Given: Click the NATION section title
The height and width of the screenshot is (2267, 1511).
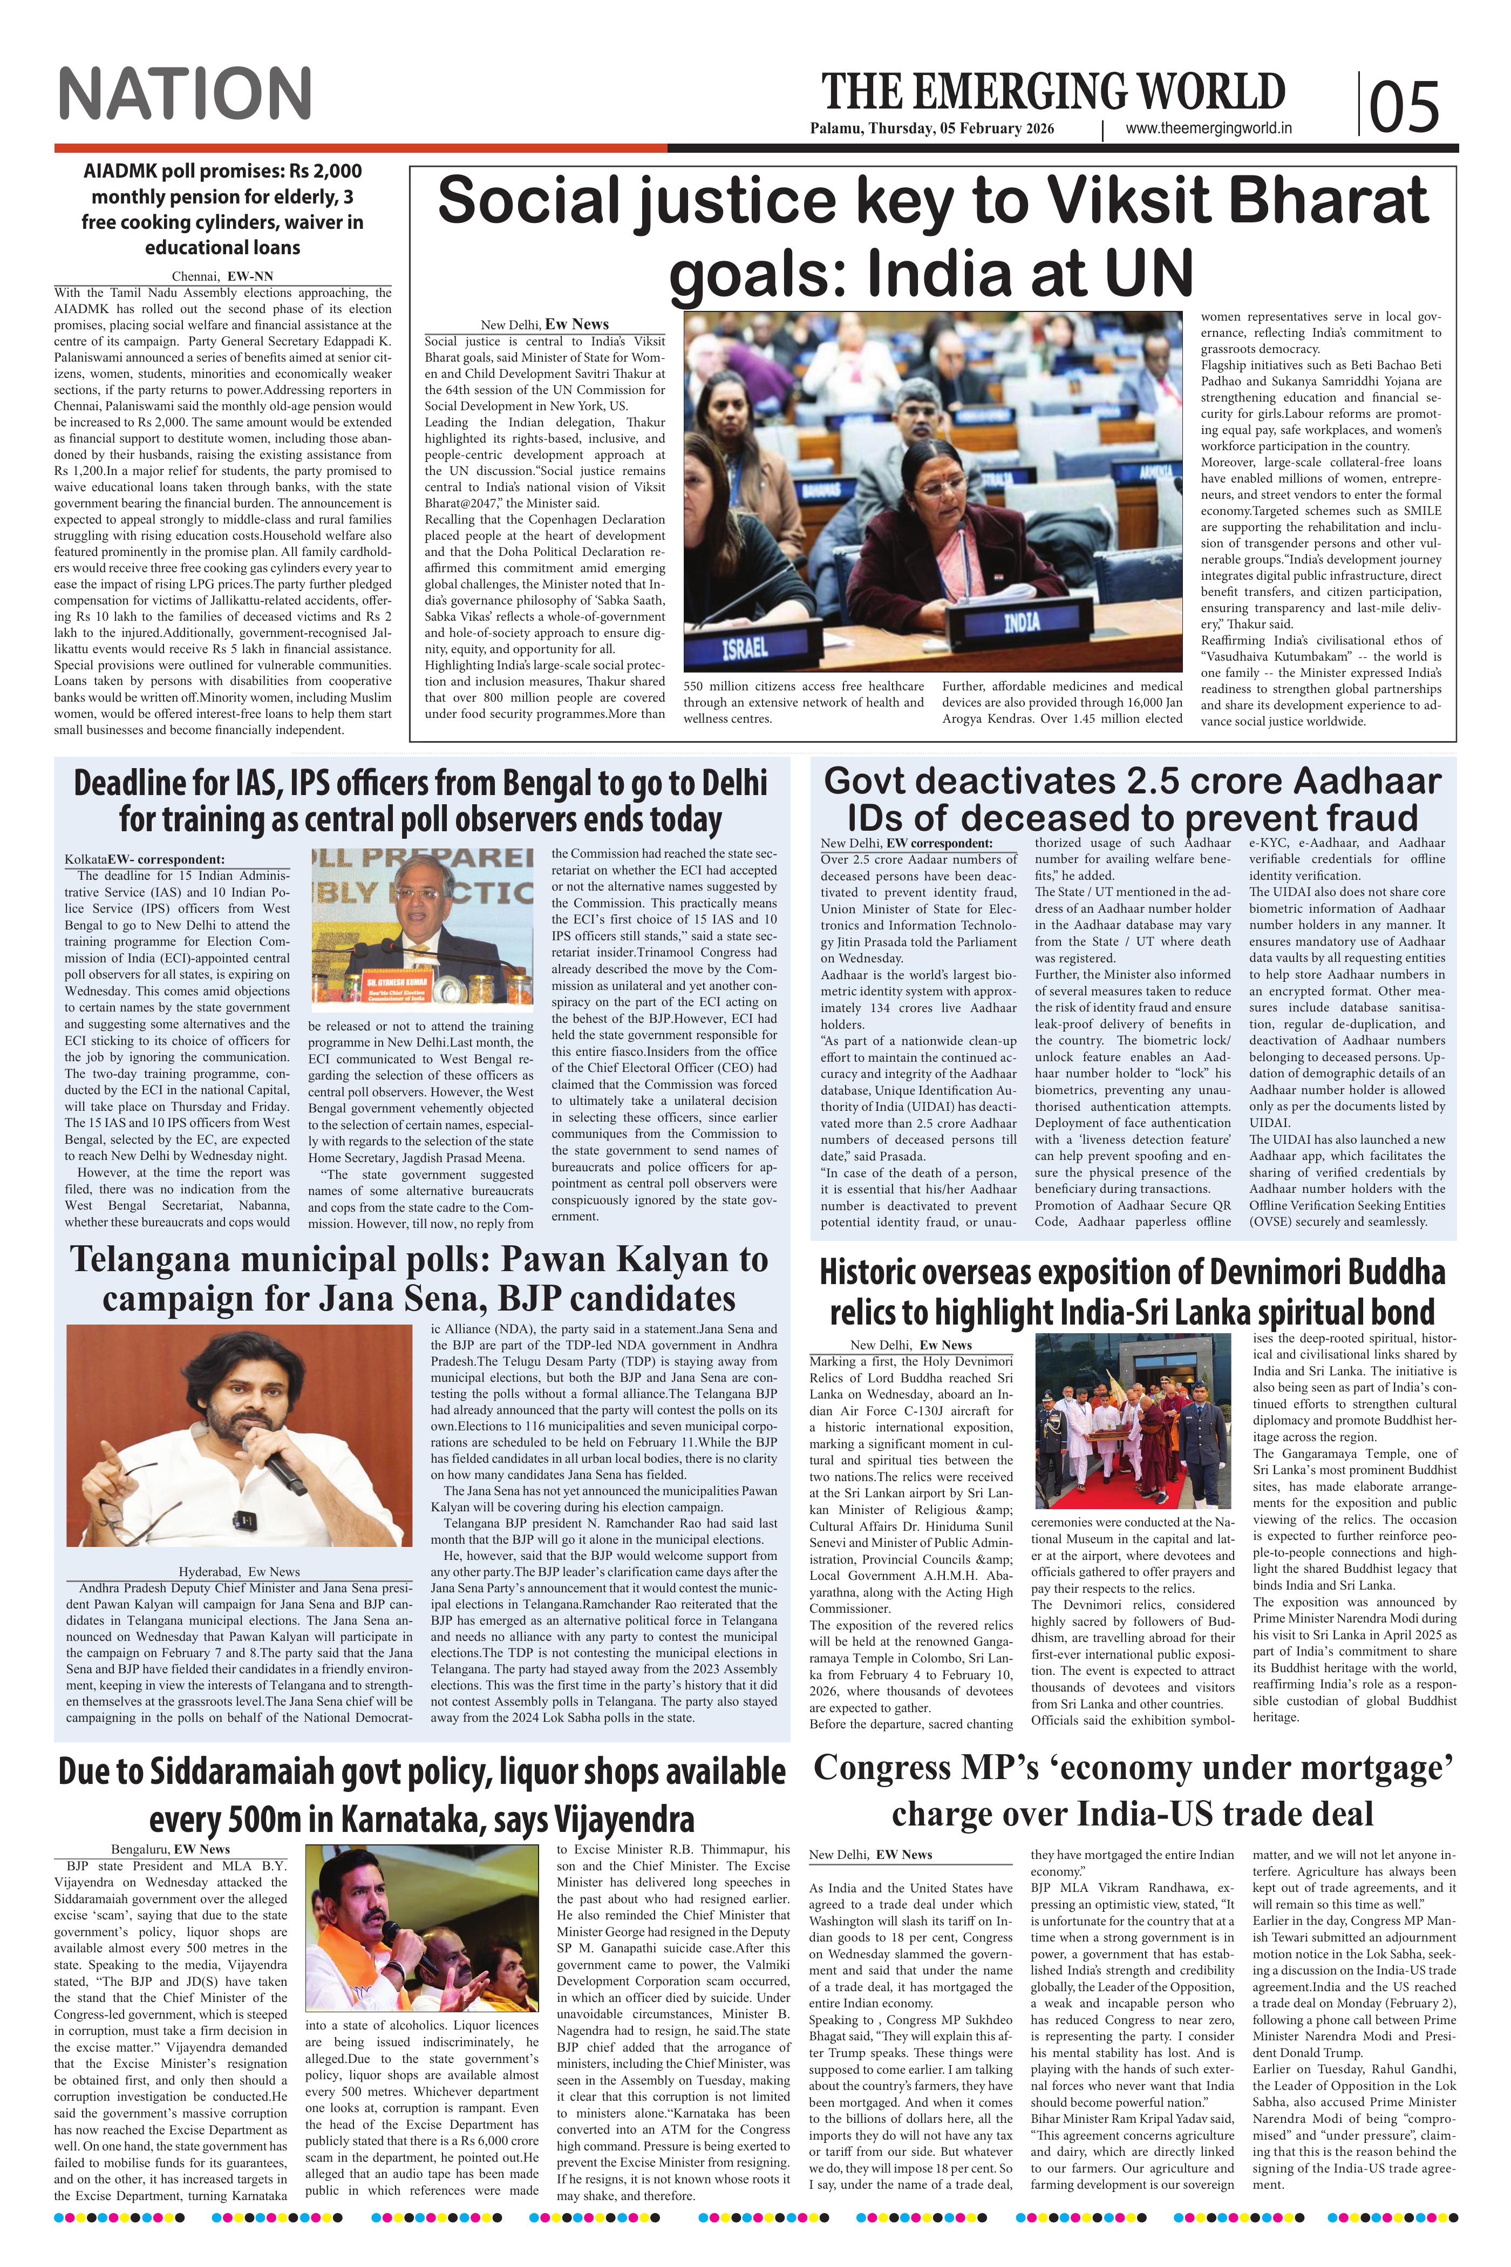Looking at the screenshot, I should click(x=185, y=93).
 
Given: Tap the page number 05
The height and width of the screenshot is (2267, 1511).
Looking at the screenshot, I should click(x=1404, y=105).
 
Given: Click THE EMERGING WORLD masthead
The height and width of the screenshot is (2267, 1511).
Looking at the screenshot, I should click(x=1053, y=92).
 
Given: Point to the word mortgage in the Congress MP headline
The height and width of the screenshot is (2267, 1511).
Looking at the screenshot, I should click(x=1357, y=1768).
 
